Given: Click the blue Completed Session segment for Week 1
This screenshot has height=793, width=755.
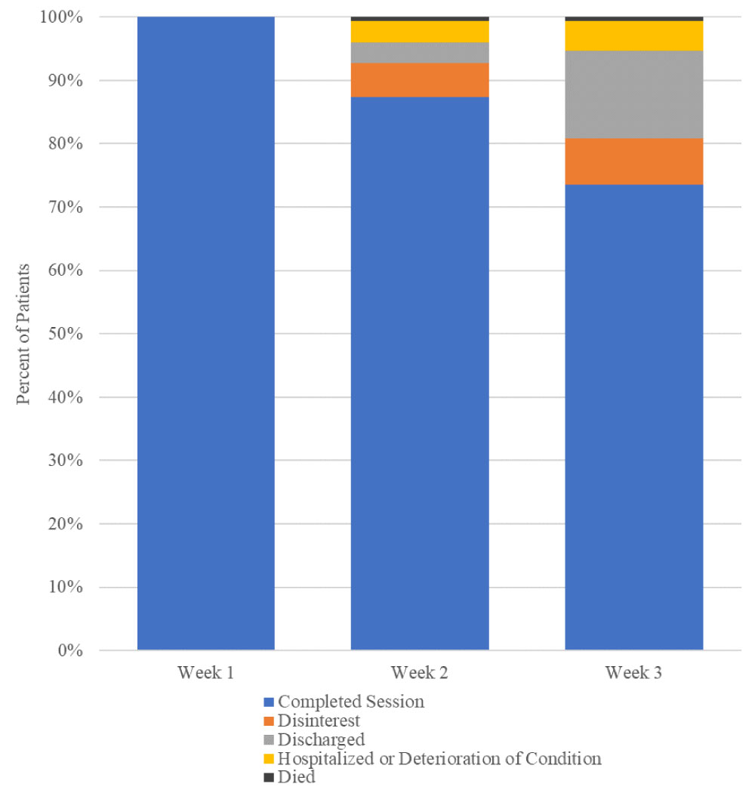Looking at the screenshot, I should coord(205,332).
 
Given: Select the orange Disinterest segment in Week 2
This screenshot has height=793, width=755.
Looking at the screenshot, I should coord(420,80).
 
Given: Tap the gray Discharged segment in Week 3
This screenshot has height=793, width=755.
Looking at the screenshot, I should coord(634,94).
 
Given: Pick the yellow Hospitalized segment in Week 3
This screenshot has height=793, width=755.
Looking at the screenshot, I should coord(634,35).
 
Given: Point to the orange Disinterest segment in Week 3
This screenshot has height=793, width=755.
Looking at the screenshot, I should coord(634,161).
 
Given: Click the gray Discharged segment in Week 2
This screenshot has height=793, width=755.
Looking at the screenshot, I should coord(420,53).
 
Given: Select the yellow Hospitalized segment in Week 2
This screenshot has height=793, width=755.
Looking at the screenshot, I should coord(420,32).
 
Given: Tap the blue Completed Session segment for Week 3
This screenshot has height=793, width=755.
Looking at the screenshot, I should coord(634,415).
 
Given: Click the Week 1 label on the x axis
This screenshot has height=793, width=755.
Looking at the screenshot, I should coord(205,672).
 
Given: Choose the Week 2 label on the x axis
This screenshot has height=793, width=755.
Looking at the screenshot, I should coord(420,672).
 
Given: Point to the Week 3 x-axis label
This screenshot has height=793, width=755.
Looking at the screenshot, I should coord(634,672).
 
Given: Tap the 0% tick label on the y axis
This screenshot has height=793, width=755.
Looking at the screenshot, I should coord(66,650).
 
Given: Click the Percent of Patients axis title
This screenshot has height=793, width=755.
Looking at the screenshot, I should coord(24,334).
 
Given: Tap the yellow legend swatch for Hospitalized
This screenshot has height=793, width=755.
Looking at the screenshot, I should coord(268,758).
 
